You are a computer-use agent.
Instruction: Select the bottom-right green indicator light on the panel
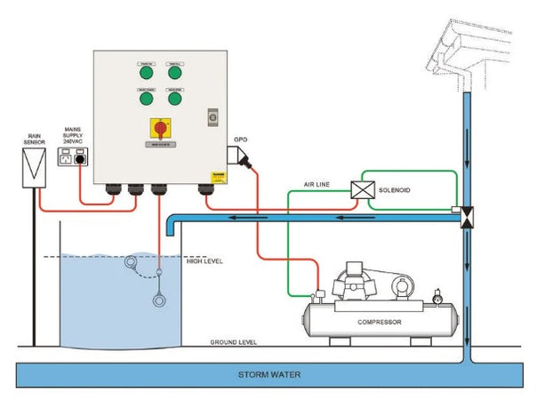click(x=174, y=99)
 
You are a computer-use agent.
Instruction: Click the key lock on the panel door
click(x=212, y=116)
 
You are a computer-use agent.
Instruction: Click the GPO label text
click(x=239, y=140)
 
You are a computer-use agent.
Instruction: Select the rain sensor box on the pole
click(x=34, y=166)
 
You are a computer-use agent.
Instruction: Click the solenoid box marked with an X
click(x=363, y=189)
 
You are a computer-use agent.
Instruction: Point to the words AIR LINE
click(x=317, y=185)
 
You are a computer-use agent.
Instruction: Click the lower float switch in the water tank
click(x=158, y=300)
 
